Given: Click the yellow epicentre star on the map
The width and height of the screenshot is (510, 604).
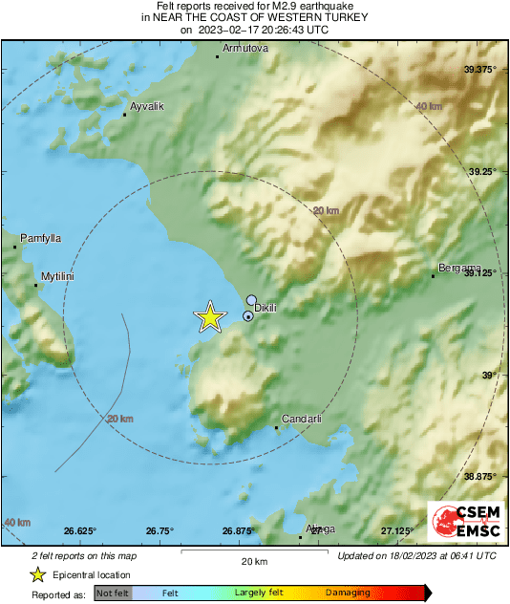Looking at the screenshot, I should [x=209, y=317].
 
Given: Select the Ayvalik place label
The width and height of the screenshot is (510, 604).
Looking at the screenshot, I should [x=147, y=105].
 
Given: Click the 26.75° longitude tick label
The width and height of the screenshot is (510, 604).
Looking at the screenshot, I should [x=159, y=530].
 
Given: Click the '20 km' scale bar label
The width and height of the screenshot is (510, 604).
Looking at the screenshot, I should [x=253, y=560].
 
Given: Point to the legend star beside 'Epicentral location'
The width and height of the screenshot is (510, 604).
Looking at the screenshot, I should [x=37, y=574].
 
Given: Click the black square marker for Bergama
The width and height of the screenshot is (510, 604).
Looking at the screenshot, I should [x=433, y=276].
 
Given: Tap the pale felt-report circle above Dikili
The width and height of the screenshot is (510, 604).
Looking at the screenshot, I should [x=251, y=300].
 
